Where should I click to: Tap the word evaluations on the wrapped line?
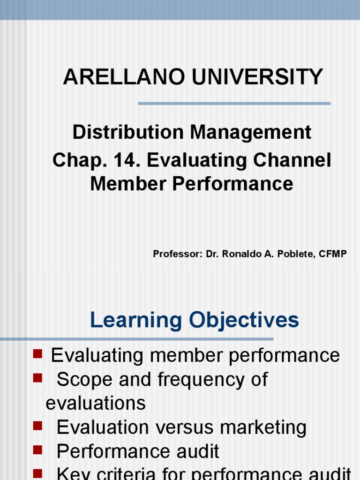click(96, 403)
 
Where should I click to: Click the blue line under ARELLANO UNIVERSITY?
click(234, 104)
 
